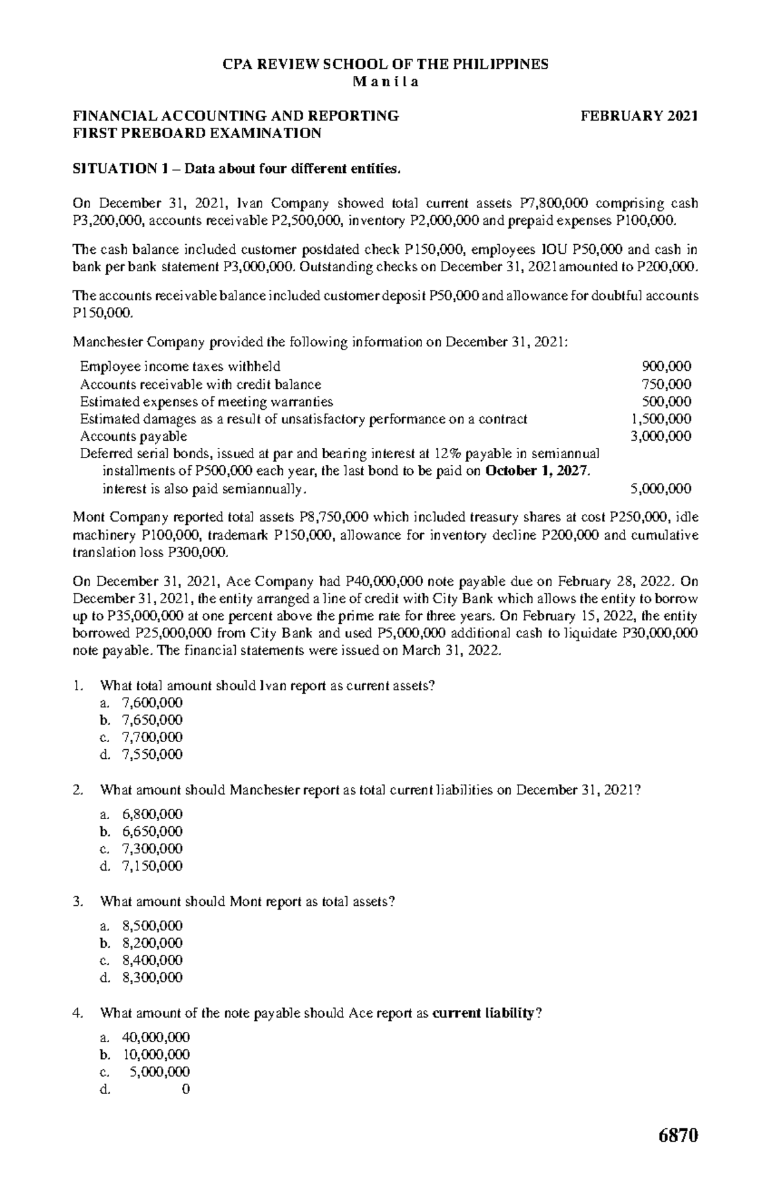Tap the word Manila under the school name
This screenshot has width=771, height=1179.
[385, 82]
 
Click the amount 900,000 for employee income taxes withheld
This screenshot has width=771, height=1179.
[667, 367]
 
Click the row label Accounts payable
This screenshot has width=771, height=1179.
[134, 436]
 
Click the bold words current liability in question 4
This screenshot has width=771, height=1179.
[483, 1013]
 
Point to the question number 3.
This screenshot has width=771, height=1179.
[77, 901]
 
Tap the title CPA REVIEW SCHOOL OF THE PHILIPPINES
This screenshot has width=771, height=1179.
[385, 64]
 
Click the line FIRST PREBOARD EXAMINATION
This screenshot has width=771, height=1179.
[197, 134]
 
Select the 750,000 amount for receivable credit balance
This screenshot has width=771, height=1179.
[667, 384]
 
